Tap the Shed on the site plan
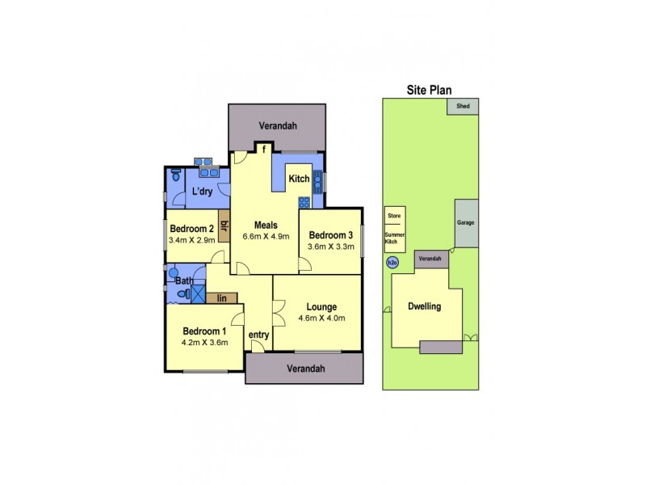(x=463, y=106)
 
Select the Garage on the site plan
(x=465, y=222)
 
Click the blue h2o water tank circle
(x=392, y=262)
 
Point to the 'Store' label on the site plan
(x=394, y=216)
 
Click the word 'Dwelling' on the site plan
(x=424, y=306)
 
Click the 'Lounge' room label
(x=321, y=306)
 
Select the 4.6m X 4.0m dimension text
(x=321, y=318)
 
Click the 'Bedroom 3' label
(x=332, y=235)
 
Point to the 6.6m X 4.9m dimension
(x=266, y=237)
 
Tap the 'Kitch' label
(x=300, y=179)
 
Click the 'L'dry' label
(x=201, y=191)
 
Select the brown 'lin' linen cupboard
(x=222, y=298)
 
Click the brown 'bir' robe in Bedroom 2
(x=224, y=226)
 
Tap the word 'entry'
(x=258, y=335)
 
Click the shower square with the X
(x=198, y=293)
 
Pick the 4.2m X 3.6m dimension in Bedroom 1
(x=204, y=342)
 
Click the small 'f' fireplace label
(x=264, y=149)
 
